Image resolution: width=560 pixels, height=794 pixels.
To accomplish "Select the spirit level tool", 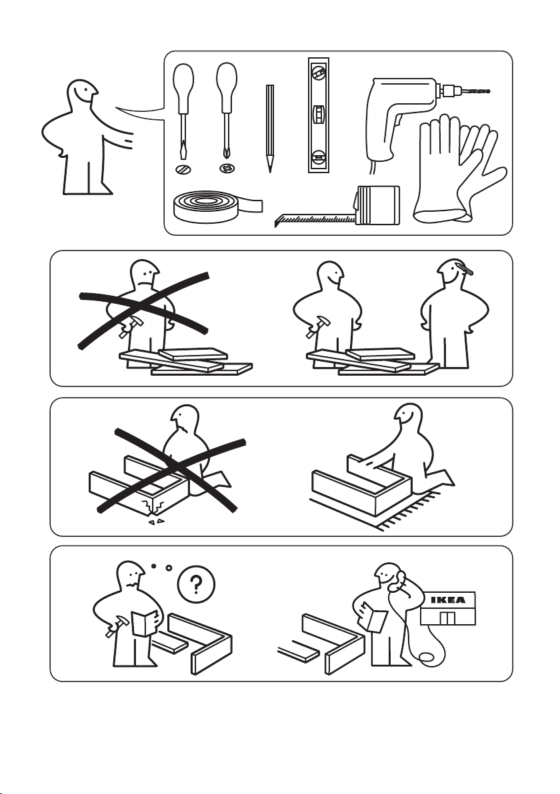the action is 318,115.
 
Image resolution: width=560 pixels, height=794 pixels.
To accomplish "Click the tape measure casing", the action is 378,205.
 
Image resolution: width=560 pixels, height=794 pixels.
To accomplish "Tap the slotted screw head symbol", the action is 183,169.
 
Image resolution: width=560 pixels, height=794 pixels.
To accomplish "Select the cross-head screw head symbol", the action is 227,168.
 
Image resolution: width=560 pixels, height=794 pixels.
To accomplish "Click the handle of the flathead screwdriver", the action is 183,89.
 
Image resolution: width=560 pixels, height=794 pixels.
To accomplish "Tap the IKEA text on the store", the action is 447,600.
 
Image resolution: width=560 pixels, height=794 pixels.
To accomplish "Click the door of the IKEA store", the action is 447,617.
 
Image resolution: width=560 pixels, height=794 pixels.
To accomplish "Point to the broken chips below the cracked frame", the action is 155,521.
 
